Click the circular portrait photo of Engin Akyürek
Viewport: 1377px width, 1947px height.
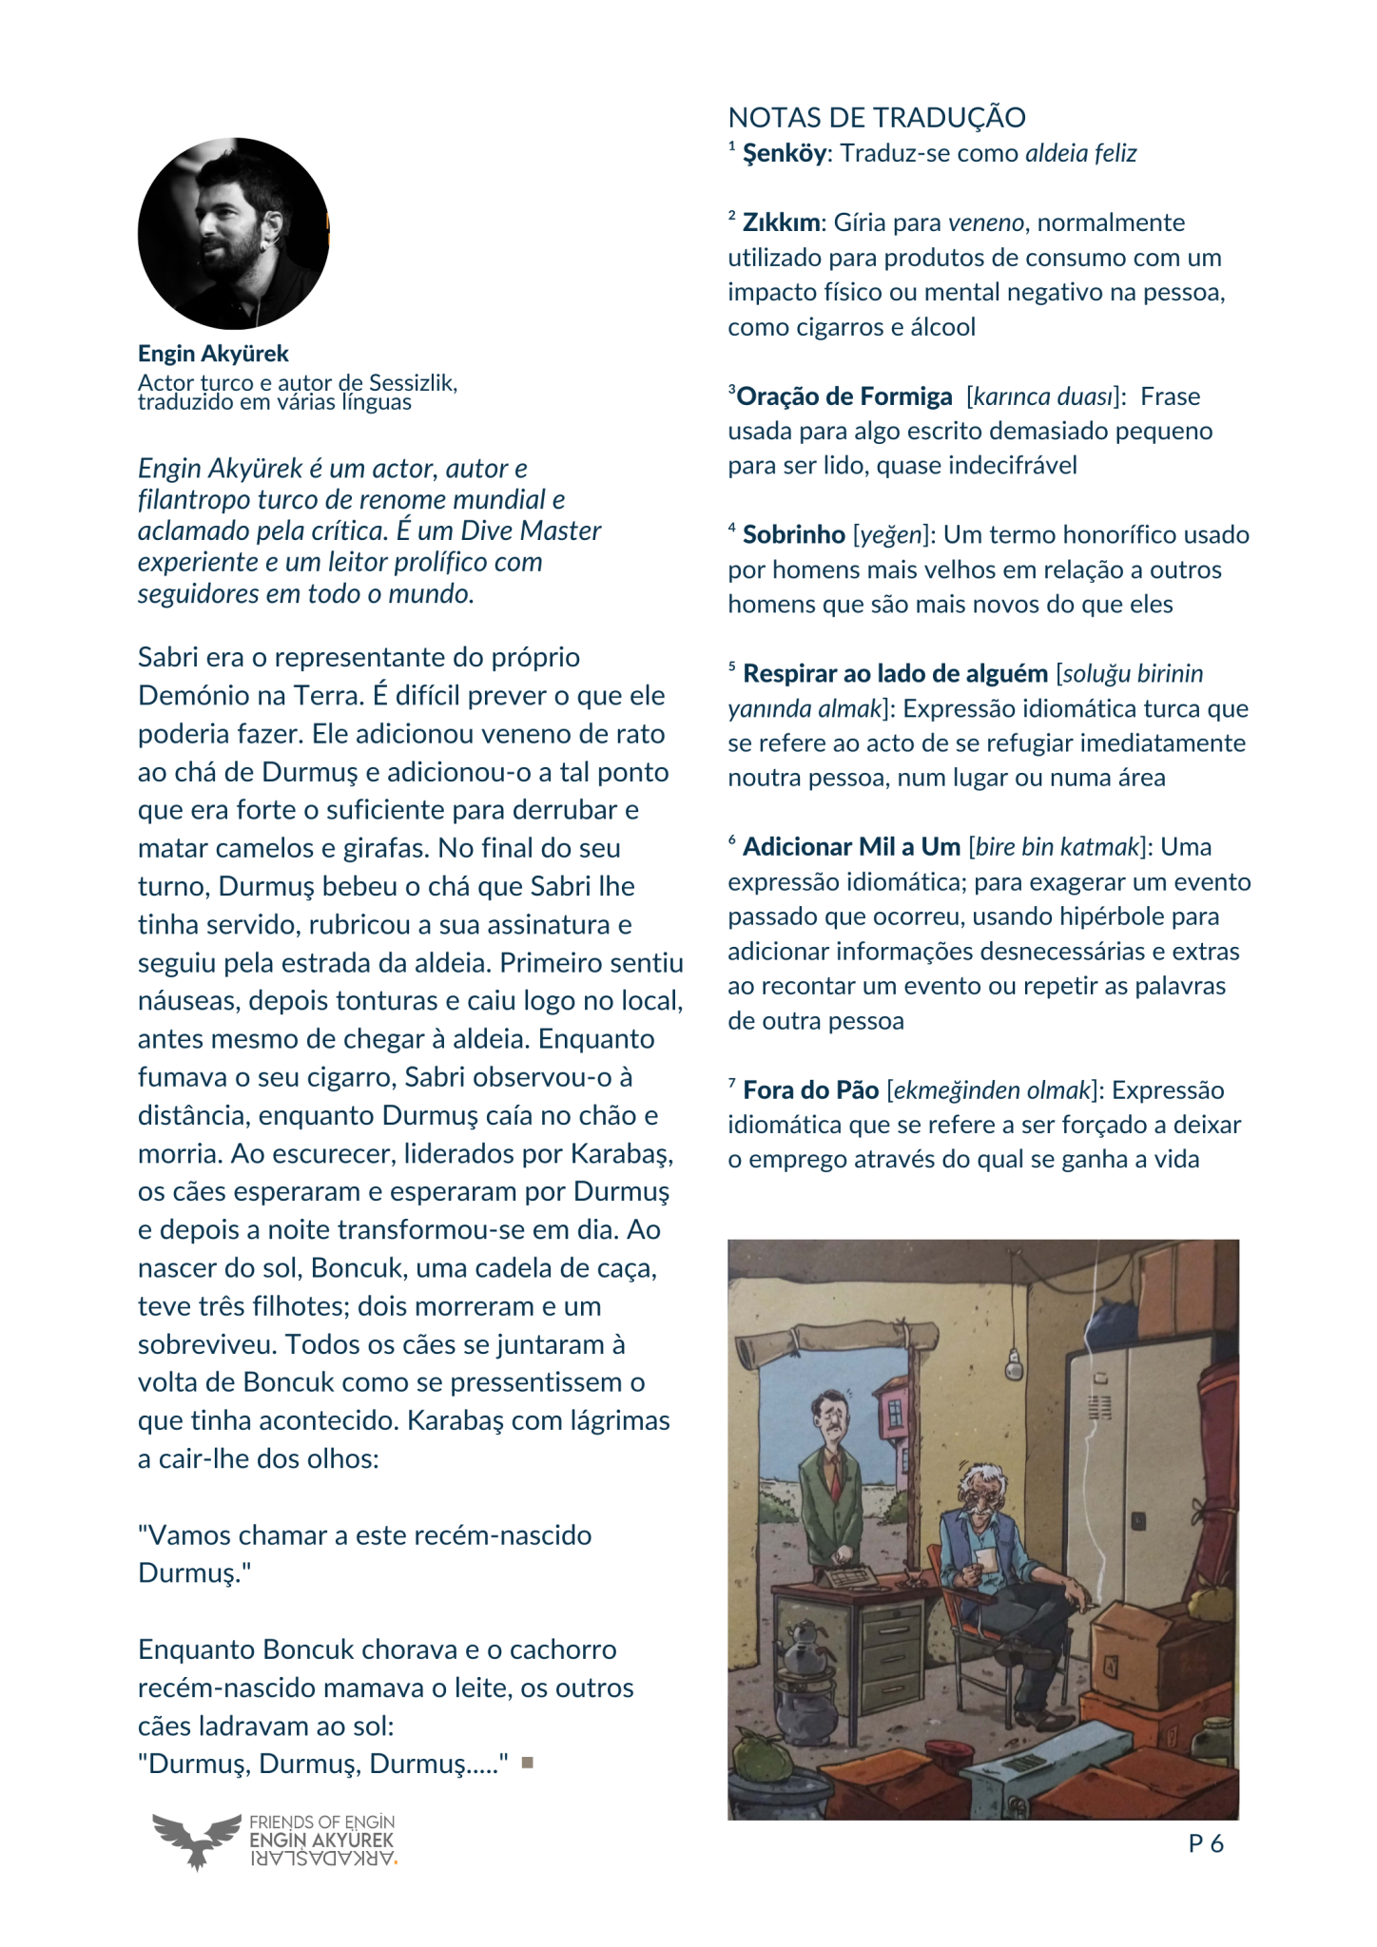[x=233, y=234]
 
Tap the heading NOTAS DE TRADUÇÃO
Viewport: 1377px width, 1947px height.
[x=876, y=118]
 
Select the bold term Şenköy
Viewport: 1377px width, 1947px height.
[x=784, y=153]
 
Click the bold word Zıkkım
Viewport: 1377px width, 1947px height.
[x=781, y=222]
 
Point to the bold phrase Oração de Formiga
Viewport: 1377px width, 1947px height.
[x=844, y=396]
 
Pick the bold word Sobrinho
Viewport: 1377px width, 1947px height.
[x=793, y=534]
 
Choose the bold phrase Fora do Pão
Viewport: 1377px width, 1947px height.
[x=810, y=1089]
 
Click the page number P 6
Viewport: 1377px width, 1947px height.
[x=1205, y=1843]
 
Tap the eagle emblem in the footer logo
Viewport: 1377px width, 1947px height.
[x=197, y=1840]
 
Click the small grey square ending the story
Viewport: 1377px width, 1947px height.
[x=528, y=1763]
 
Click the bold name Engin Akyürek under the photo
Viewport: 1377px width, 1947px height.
[x=213, y=354]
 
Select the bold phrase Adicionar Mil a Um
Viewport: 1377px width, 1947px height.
[x=851, y=846]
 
